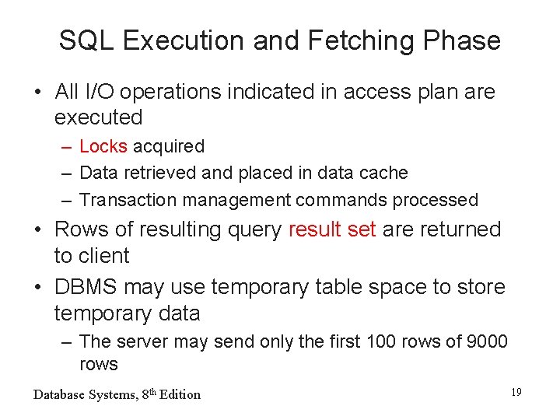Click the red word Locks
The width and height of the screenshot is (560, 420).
[x=103, y=146]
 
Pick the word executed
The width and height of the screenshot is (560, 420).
[x=99, y=118]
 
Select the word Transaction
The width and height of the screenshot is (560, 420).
[x=128, y=200]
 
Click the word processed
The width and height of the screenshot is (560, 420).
[x=436, y=200]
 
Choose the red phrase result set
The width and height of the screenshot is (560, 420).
[x=332, y=229]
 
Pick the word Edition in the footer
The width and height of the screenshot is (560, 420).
[x=180, y=394]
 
